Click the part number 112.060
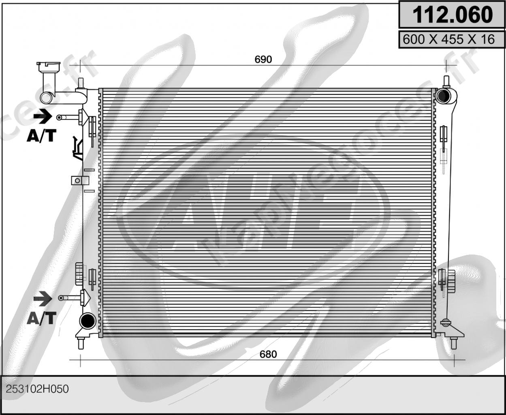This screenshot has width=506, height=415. pyautogui.click(x=452, y=15)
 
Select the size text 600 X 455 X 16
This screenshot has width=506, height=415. pyautogui.click(x=448, y=39)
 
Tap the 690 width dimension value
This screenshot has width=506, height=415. pyautogui.click(x=263, y=59)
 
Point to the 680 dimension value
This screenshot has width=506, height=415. pyautogui.click(x=268, y=354)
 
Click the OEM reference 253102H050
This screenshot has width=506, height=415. pyautogui.click(x=37, y=389)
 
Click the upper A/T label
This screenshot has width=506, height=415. pyautogui.click(x=41, y=136)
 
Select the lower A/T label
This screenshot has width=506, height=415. pyautogui.click(x=41, y=318)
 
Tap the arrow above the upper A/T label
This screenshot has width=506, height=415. pyautogui.click(x=42, y=117)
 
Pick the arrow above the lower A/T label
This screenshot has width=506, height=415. pyautogui.click(x=42, y=299)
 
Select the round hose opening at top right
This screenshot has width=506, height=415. pyautogui.click(x=443, y=96)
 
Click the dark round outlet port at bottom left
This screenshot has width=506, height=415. pyautogui.click(x=87, y=321)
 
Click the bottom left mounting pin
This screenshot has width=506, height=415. pyautogui.click(x=81, y=343)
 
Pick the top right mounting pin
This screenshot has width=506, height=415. pyautogui.click(x=446, y=81)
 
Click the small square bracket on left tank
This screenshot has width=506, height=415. pyautogui.click(x=76, y=180)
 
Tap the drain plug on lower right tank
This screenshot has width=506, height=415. pyautogui.click(x=446, y=323)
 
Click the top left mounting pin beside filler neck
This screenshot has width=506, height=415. pyautogui.click(x=81, y=83)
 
